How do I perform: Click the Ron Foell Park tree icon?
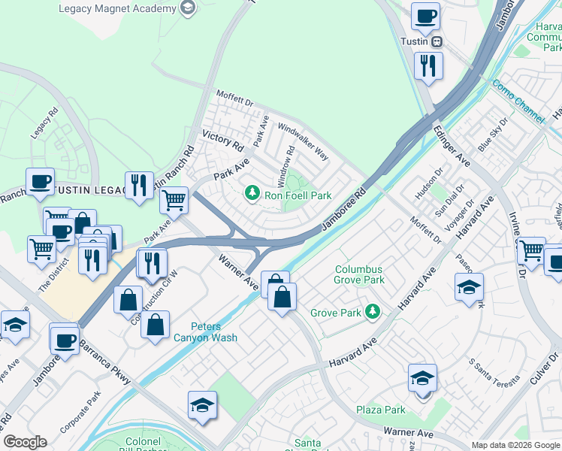pos(253,195)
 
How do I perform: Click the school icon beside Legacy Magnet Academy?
pos(186,9)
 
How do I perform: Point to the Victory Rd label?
pos(222,141)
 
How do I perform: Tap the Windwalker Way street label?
pos(304,141)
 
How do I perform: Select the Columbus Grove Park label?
pos(360,274)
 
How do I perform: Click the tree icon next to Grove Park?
pos(370,310)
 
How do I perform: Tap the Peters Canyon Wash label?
pos(204,332)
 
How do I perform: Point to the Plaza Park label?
pos(381,410)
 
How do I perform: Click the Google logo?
pos(26,442)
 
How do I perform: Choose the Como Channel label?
pos(518,102)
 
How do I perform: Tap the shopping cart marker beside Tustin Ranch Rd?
pos(174,200)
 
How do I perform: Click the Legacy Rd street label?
pos(43,125)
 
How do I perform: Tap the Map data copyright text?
pos(515,444)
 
